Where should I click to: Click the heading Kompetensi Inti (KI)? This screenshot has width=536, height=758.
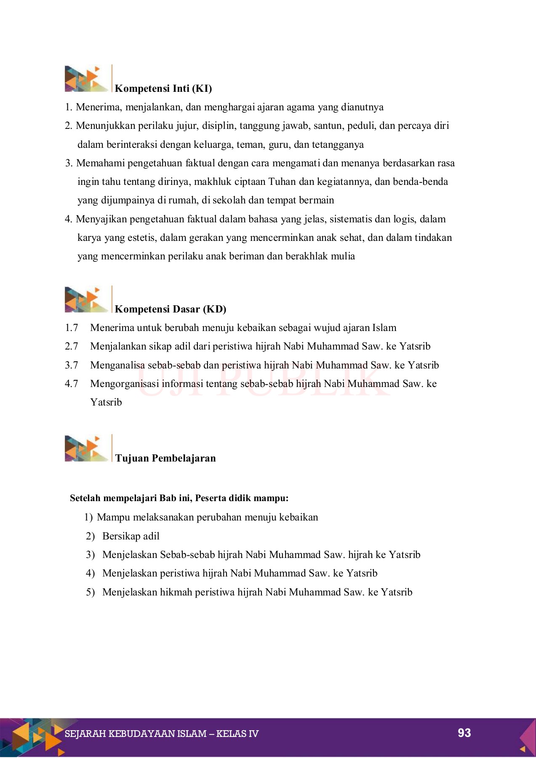pyautogui.click(x=163, y=88)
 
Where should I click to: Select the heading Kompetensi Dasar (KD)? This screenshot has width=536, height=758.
pyautogui.click(x=171, y=309)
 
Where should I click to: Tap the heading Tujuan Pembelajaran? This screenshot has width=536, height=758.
pyautogui.click(x=165, y=458)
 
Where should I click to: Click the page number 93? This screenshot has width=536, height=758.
pyautogui.click(x=464, y=733)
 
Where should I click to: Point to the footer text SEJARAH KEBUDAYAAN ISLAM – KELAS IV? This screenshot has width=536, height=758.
pyautogui.click(x=162, y=734)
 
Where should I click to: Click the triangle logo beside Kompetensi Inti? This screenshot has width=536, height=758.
pyautogui.click(x=86, y=79)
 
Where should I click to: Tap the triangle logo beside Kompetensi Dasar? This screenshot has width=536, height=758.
pyautogui.click(x=86, y=299)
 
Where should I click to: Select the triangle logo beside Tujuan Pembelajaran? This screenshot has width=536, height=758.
pyautogui.click(x=86, y=448)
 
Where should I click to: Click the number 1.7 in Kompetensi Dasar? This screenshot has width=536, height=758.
pyautogui.click(x=72, y=328)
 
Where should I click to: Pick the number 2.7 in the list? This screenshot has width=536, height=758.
pyautogui.click(x=72, y=347)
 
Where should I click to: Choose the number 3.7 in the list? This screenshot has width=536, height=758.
pyautogui.click(x=72, y=365)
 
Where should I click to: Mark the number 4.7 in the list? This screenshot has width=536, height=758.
pyautogui.click(x=72, y=384)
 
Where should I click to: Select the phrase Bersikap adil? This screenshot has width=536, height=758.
pyautogui.click(x=131, y=536)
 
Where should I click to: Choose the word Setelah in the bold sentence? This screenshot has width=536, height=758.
pyautogui.click(x=85, y=498)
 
